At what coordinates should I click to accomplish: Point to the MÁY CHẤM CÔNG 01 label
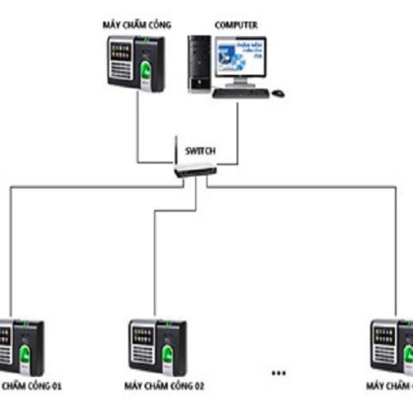[31, 386]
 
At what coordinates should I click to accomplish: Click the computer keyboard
[240, 93]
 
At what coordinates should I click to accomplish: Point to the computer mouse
[278, 93]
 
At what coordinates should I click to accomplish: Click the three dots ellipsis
[278, 373]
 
